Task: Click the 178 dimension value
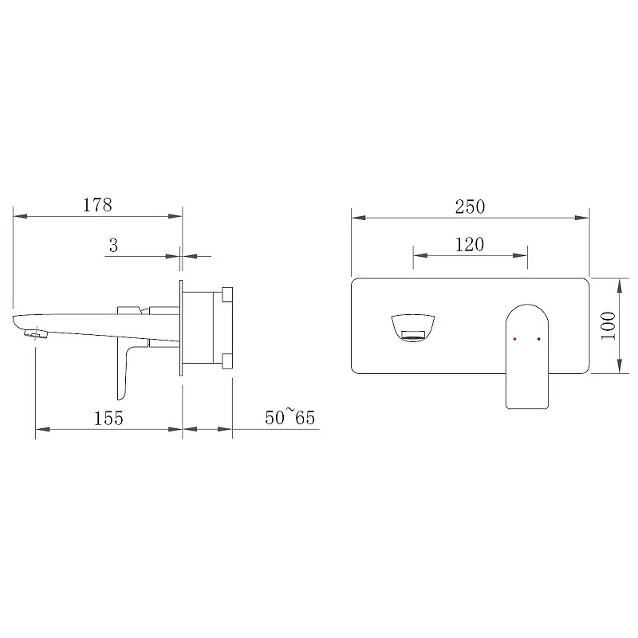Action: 97,205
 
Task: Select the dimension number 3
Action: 113,246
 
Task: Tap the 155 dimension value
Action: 108,418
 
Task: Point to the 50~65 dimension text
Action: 289,416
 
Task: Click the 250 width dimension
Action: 470,207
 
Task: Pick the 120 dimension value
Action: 470,245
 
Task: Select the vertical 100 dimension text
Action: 608,325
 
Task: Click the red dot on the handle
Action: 514,339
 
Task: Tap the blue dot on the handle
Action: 539,338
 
